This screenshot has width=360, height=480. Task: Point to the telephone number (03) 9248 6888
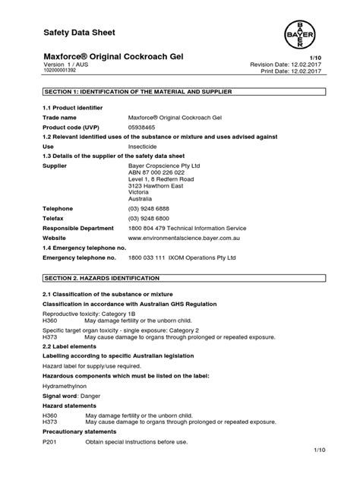[149, 207]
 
